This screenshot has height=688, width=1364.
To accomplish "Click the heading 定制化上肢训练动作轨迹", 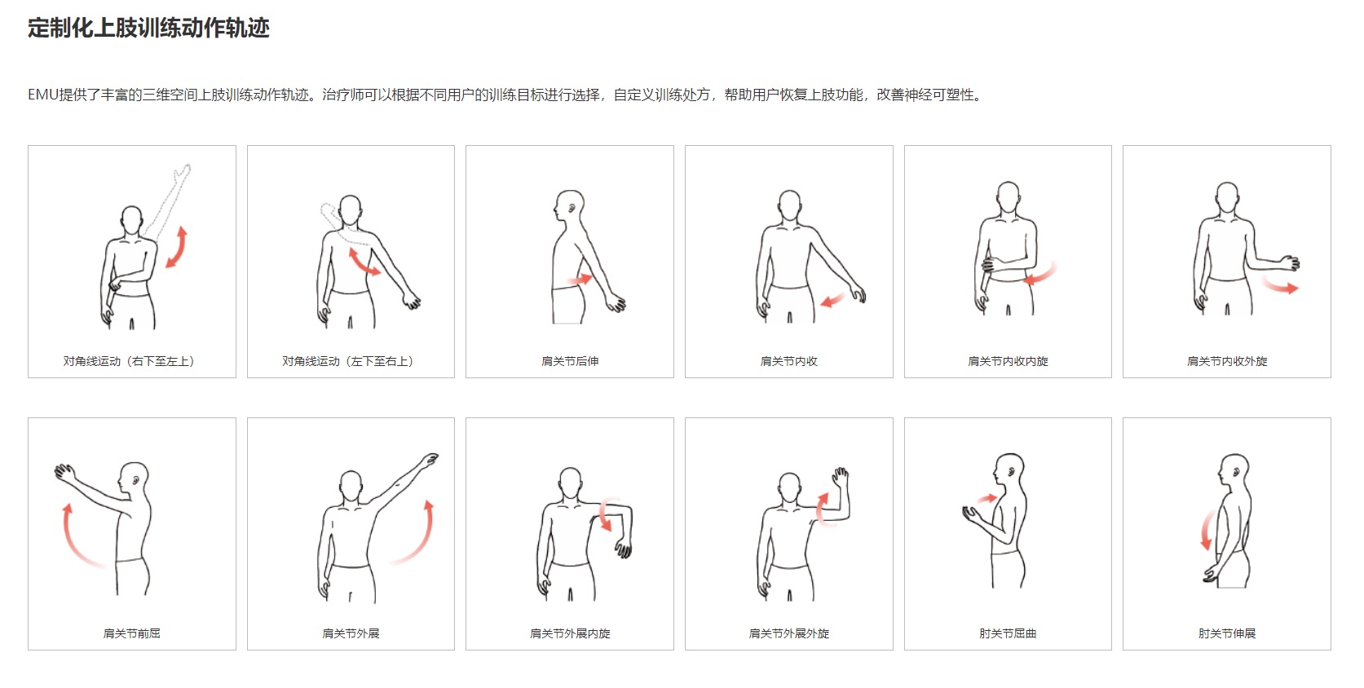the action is click(x=148, y=28).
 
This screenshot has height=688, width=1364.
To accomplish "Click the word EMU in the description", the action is click(x=43, y=95).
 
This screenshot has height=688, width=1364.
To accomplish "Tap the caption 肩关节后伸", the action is click(x=570, y=361).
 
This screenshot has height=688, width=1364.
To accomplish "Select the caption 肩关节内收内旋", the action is click(x=1008, y=361).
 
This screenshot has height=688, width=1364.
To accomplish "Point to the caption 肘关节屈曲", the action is click(x=1008, y=633).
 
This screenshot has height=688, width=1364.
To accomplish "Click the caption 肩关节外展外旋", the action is click(x=789, y=633).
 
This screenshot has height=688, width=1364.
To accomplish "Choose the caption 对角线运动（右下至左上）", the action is click(x=129, y=361).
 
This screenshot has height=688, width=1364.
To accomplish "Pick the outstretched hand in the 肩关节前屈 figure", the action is click(x=64, y=473).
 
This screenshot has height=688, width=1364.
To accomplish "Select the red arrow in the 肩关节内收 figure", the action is click(x=832, y=300).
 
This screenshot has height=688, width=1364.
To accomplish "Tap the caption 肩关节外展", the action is click(x=351, y=633).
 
